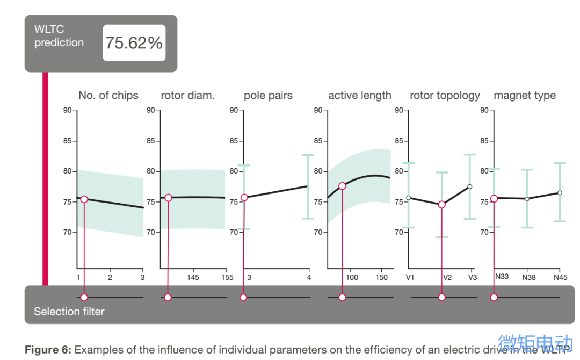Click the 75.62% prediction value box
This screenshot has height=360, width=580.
[x=134, y=43]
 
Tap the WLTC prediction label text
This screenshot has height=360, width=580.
[x=59, y=36]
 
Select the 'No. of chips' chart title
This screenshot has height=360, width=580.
[x=108, y=96]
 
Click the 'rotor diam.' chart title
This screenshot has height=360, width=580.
[x=187, y=96]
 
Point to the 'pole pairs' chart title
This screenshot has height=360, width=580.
[x=268, y=96]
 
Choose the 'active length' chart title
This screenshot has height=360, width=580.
[x=360, y=96]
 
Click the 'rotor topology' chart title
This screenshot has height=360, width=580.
[x=445, y=96]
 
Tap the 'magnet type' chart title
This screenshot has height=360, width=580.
[x=525, y=96]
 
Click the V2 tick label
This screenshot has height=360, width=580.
[x=447, y=278]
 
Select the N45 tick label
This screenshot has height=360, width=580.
[x=560, y=278]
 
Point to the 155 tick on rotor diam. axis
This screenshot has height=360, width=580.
[x=227, y=278]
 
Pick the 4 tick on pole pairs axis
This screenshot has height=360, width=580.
[x=308, y=278]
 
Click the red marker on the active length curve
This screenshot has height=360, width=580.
[x=342, y=186]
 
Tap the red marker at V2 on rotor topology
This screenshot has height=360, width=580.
[x=441, y=205]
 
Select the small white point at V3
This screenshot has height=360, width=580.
[x=469, y=186]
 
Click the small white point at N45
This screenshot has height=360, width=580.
[x=560, y=192]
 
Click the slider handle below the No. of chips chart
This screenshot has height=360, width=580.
[x=84, y=297]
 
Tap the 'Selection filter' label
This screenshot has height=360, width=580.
[x=69, y=312]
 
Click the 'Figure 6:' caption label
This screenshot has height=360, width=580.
[x=48, y=350]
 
